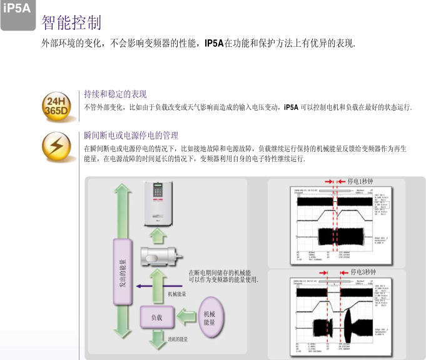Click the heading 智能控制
tap(71, 23)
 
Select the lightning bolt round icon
tap(56, 147)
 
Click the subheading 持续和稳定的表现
tap(116, 94)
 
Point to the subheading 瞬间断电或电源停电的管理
tap(131, 136)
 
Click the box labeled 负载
tap(156, 317)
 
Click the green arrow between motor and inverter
tap(157, 235)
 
